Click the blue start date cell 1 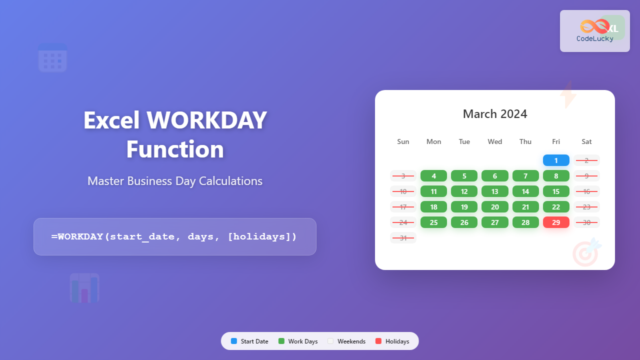pos(556,160)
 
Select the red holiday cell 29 pos(556,222)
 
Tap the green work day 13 pos(495,191)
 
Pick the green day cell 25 pos(434,222)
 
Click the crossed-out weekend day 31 pos(403,238)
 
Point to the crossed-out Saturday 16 pos(586,191)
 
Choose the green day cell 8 pos(556,176)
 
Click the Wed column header pos(495,141)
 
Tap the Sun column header pos(403,141)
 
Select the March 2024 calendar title pos(495,114)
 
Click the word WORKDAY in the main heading pos(206,120)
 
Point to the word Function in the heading pos(175,149)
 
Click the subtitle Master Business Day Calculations pos(175,180)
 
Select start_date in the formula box pos(142,236)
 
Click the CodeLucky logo pos(595,31)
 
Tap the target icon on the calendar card pos(585,252)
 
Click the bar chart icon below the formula pos(84,288)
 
